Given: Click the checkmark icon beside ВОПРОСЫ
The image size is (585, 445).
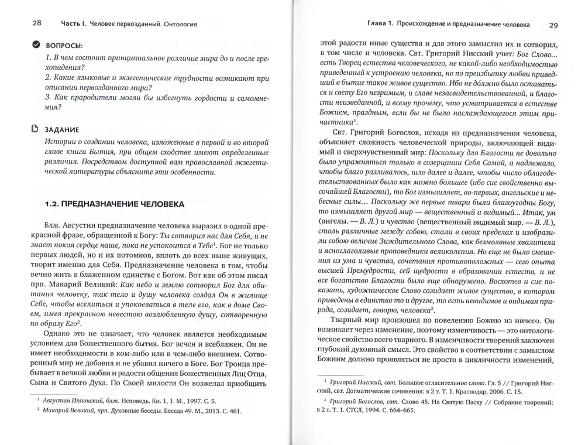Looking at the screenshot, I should (36, 44).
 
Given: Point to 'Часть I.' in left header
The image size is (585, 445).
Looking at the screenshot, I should (73, 24).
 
